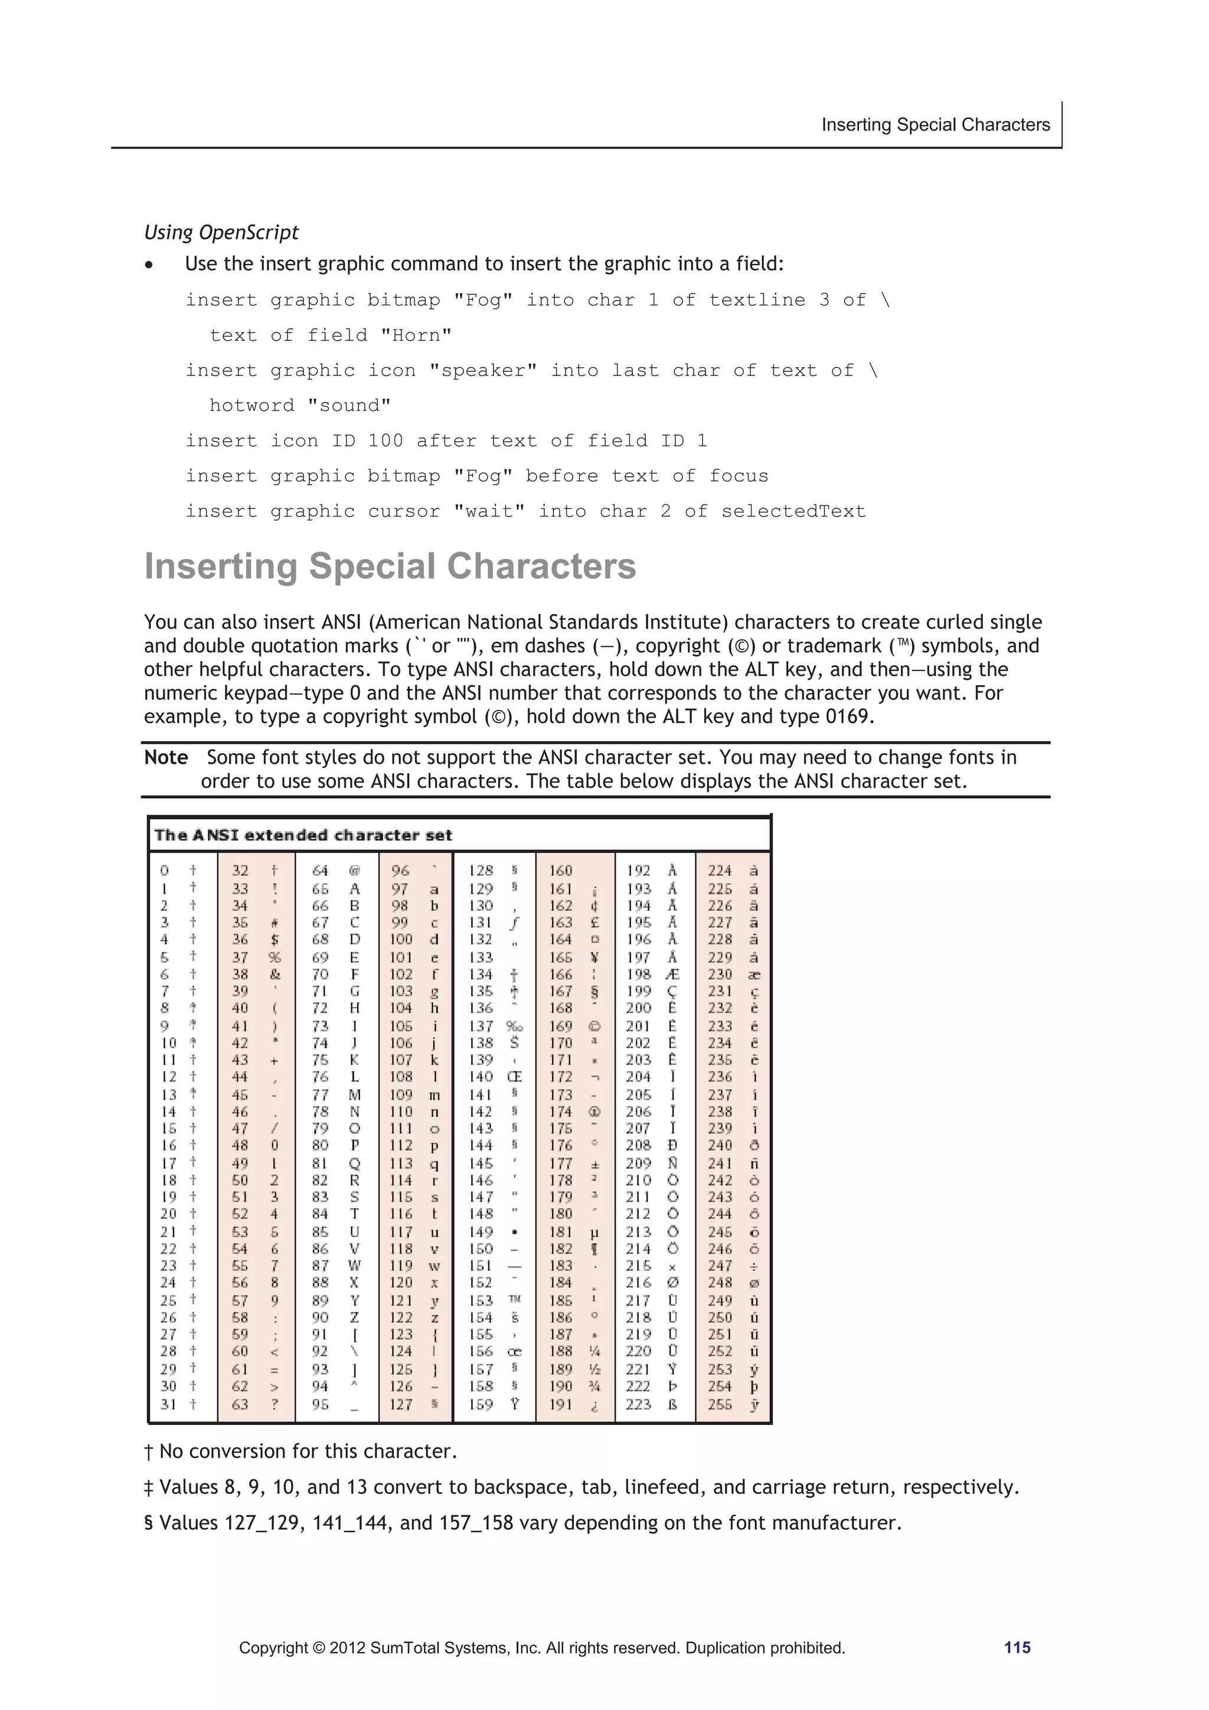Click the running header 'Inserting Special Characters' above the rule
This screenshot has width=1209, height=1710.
point(935,125)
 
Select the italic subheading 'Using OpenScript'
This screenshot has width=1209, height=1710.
point(221,233)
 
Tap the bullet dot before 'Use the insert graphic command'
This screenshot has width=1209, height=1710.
point(150,265)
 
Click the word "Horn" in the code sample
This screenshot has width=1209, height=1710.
point(416,335)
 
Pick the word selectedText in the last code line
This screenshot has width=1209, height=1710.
point(793,511)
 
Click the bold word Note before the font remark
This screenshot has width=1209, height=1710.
point(165,757)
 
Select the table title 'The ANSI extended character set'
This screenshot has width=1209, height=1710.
point(302,835)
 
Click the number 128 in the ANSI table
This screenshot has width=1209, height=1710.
point(481,871)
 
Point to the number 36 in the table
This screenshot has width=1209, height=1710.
point(240,939)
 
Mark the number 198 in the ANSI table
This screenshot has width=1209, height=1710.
point(638,974)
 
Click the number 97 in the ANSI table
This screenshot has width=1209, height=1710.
point(400,888)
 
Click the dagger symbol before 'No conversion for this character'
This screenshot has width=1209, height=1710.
point(148,1451)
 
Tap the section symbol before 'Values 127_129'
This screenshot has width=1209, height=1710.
point(148,1522)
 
